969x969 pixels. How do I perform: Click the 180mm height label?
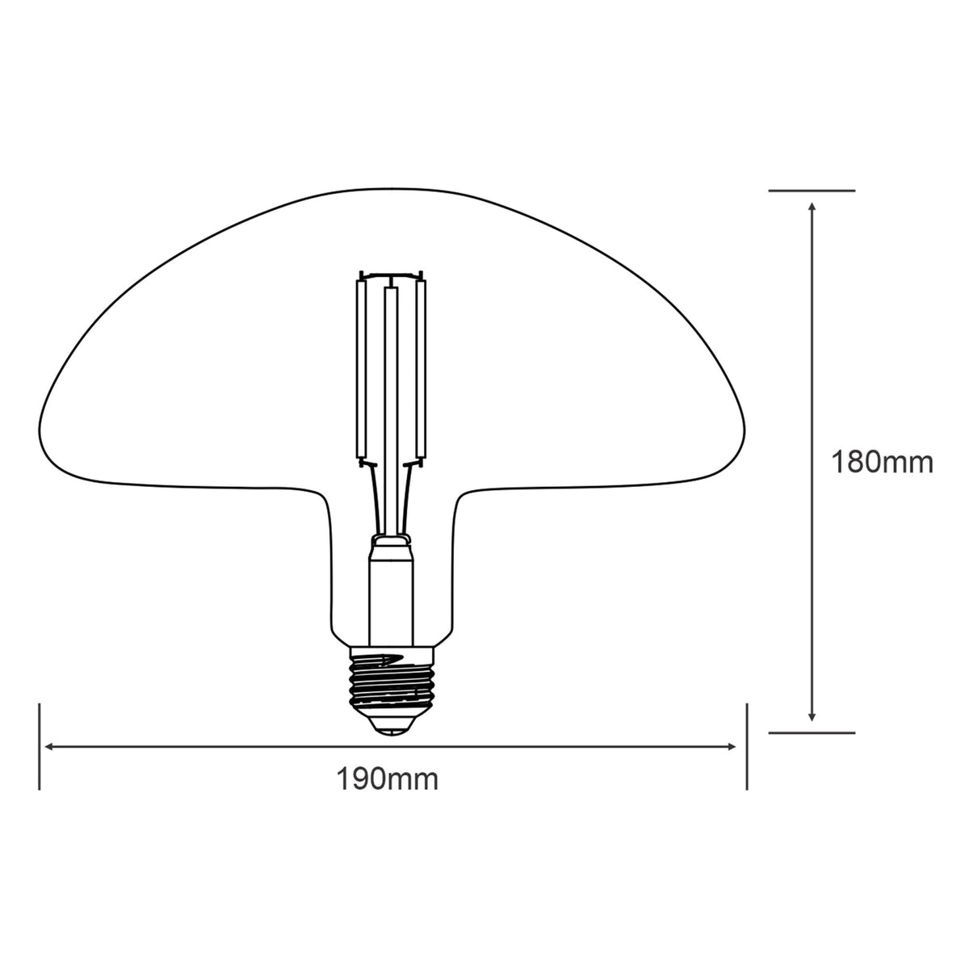[883, 463]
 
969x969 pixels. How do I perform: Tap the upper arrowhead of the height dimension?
[812, 208]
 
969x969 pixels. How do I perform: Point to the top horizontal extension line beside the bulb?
[812, 191]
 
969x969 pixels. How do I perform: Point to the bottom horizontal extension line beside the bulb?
[812, 733]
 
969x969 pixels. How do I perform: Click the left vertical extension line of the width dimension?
[39, 747]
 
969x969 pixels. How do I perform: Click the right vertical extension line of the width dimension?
[747, 747]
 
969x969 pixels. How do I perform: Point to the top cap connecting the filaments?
[392, 275]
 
